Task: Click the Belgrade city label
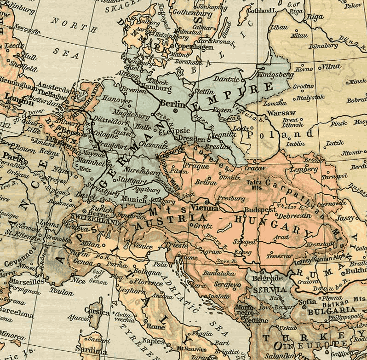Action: pos(267,279)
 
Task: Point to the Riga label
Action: pos(315,17)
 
